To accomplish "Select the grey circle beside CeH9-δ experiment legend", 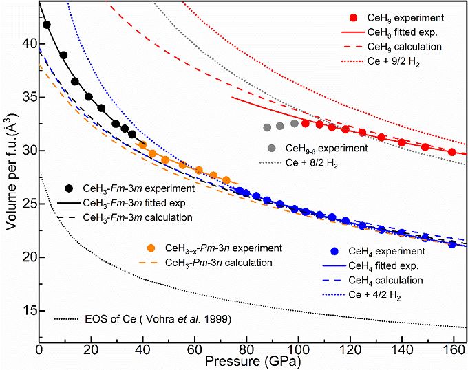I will [272, 149].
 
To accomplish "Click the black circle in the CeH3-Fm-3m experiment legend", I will [70, 188].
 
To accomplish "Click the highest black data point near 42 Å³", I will [47, 25].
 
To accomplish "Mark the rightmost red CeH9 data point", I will [451, 152].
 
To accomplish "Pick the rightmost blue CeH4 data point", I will [451, 244].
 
